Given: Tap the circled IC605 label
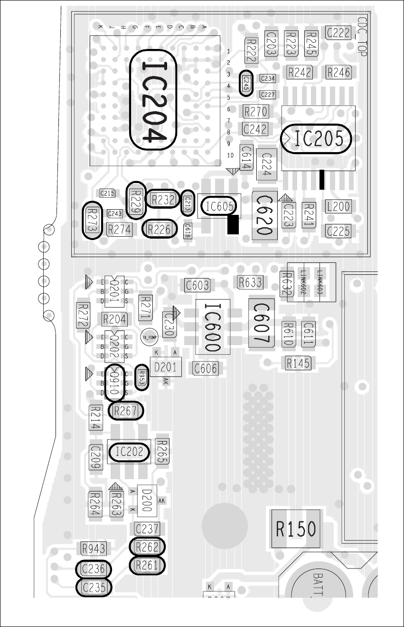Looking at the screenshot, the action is click(219, 206).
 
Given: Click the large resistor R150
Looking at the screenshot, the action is click(296, 529).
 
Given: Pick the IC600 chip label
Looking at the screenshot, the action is click(212, 327).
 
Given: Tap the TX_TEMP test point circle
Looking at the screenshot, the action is click(149, 337).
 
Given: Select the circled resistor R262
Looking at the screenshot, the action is click(147, 547).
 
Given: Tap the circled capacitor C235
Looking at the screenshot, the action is click(94, 588).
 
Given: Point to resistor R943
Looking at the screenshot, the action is click(93, 549).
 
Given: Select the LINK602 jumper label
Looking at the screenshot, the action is click(302, 282).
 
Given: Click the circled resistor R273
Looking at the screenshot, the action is click(93, 220).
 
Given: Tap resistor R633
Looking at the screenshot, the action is click(250, 282).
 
